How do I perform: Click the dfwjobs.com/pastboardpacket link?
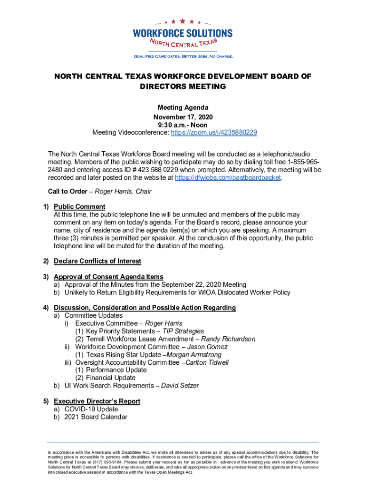click(228, 178)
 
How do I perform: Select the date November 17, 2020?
click(183, 117)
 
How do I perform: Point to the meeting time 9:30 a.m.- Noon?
click(183, 125)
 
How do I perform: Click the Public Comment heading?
click(79, 207)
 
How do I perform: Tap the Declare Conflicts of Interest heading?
click(97, 261)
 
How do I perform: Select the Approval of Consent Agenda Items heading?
click(108, 277)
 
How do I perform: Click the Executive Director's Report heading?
click(97, 401)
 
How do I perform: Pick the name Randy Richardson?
click(228, 339)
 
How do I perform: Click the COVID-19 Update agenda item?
click(91, 409)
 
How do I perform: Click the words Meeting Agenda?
click(183, 108)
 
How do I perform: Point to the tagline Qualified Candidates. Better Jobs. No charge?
click(183, 57)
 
